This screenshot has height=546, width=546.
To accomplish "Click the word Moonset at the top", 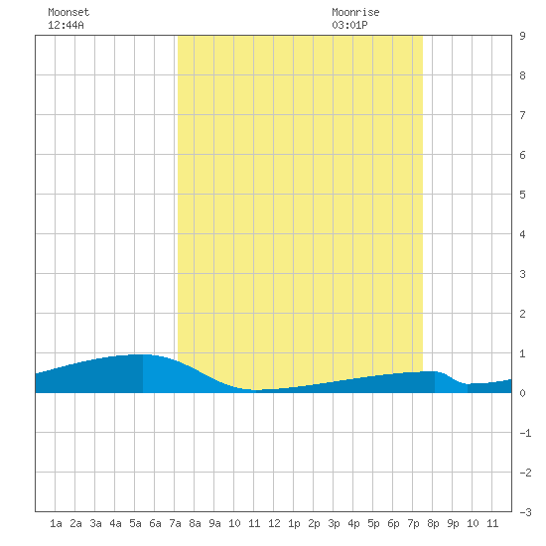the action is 68,12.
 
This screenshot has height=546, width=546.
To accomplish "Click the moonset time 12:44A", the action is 66,25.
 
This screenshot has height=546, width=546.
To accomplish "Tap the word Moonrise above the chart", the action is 355,12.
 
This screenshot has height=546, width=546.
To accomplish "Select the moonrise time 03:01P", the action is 349,25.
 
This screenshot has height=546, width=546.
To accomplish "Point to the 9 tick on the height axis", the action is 522,36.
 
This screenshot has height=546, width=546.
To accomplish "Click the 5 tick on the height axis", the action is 522,195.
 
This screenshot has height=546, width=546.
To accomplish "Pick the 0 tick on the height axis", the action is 522,393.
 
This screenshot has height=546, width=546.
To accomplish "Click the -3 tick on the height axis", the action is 525,512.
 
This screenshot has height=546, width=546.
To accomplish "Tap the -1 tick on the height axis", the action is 525,433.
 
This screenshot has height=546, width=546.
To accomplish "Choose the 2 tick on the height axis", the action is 522,314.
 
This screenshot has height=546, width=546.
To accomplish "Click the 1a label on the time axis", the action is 56,523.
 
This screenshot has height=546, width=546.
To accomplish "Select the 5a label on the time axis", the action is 135,523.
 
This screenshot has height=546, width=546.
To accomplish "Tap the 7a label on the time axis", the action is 175,523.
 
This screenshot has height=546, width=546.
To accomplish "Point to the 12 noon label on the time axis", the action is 274,523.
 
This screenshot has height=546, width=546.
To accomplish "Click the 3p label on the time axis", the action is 334,523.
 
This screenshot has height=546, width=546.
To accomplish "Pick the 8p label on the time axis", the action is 433,523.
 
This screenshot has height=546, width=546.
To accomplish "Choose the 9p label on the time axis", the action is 453,523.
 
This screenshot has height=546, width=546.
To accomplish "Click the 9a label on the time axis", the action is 214,523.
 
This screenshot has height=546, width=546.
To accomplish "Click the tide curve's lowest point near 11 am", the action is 255,390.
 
